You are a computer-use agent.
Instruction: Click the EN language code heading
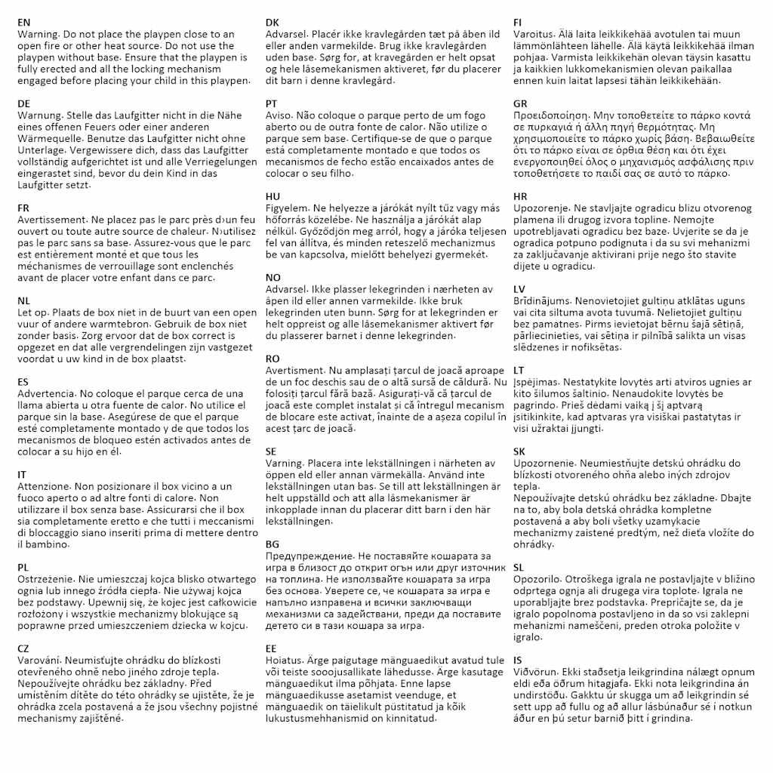[x=24, y=23]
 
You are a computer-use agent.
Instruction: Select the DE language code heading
[x=24, y=103]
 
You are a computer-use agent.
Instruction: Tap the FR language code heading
[x=24, y=208]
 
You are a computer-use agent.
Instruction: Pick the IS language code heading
[x=519, y=660]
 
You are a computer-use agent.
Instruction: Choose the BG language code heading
[x=273, y=544]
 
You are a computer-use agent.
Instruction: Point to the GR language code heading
[x=521, y=103]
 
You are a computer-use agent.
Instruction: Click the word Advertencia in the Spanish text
[x=46, y=393]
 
